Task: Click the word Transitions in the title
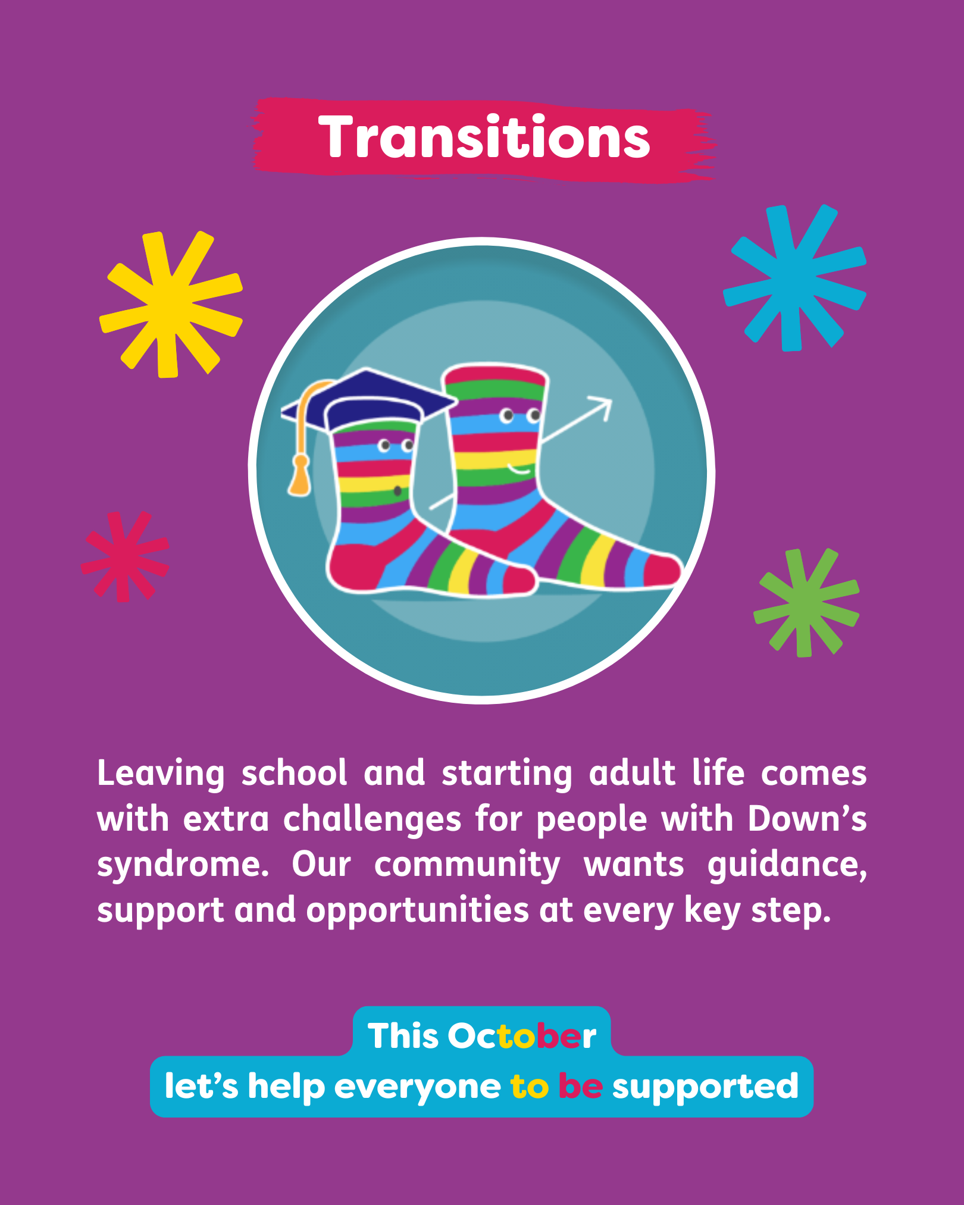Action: point(484,137)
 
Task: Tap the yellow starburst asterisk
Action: point(171,304)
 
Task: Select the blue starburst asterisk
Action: point(794,278)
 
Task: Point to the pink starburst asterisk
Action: point(125,556)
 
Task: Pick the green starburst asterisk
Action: point(806,602)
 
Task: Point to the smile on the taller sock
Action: point(518,470)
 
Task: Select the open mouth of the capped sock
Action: point(398,492)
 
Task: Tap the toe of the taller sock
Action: point(662,570)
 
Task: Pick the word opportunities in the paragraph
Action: point(417,910)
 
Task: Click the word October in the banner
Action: point(522,1036)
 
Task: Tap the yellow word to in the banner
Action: point(529,1087)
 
